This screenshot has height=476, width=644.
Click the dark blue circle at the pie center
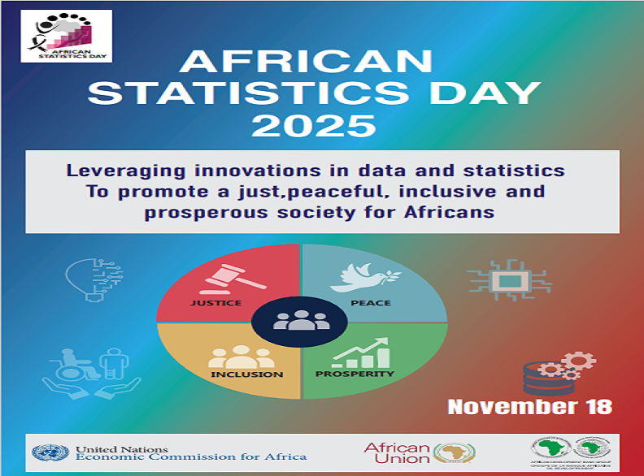click(x=301, y=320)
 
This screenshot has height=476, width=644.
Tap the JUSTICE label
click(x=215, y=303)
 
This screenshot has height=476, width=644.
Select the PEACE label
click(x=370, y=303)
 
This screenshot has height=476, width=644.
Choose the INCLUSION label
click(x=247, y=374)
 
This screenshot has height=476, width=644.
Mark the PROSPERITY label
click(x=355, y=374)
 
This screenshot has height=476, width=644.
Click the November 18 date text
click(x=529, y=406)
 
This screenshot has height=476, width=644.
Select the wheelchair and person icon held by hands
click(x=91, y=374)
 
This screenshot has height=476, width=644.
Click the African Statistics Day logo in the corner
click(x=67, y=36)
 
